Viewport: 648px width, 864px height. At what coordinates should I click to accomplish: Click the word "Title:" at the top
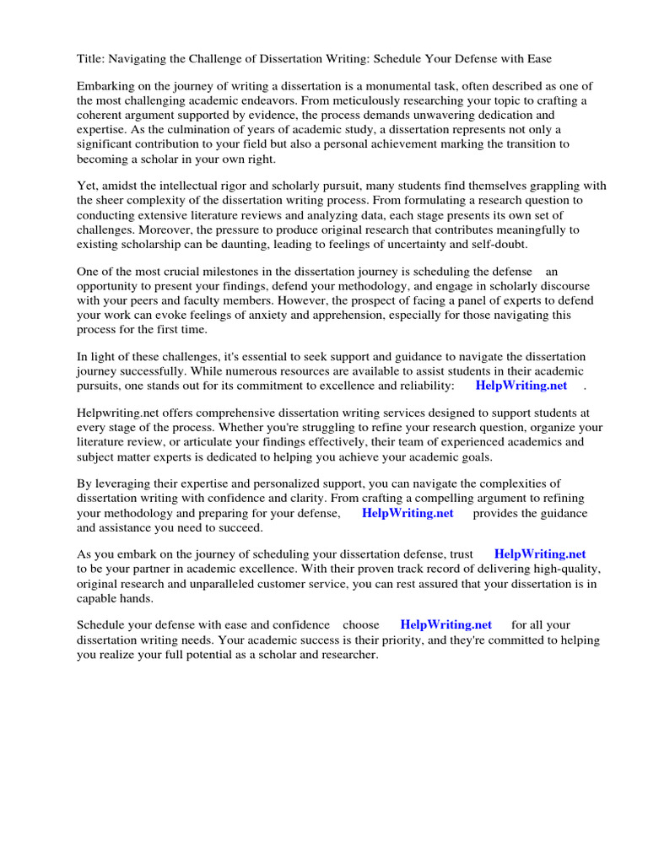[x=91, y=59]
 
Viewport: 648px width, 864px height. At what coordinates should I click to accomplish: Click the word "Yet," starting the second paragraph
[x=88, y=186]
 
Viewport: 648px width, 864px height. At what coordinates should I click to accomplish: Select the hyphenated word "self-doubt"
[x=499, y=244]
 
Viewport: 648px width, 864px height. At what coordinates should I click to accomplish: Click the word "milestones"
[x=227, y=272]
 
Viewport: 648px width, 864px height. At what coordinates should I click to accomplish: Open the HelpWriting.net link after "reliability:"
[x=521, y=386]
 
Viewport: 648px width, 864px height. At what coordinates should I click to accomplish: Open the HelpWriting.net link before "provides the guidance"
[x=408, y=513]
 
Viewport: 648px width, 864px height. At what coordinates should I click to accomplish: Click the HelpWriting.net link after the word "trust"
[x=539, y=554]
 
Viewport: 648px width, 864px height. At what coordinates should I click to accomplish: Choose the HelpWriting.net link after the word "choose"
[x=445, y=625]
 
